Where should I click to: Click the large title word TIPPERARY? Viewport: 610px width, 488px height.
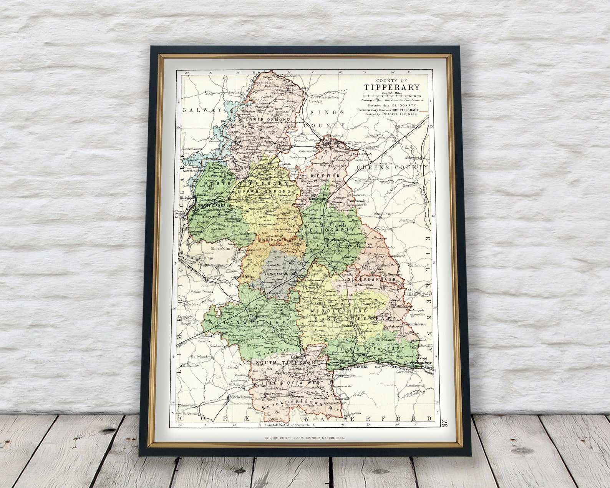pyautogui.click(x=392, y=87)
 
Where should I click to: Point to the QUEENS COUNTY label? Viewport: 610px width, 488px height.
pyautogui.click(x=392, y=168)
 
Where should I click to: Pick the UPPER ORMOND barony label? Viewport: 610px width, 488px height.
pyautogui.click(x=264, y=191)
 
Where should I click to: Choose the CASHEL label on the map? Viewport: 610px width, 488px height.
pyautogui.click(x=318, y=303)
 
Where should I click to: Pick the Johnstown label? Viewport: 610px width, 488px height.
pyautogui.click(x=380, y=213)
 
